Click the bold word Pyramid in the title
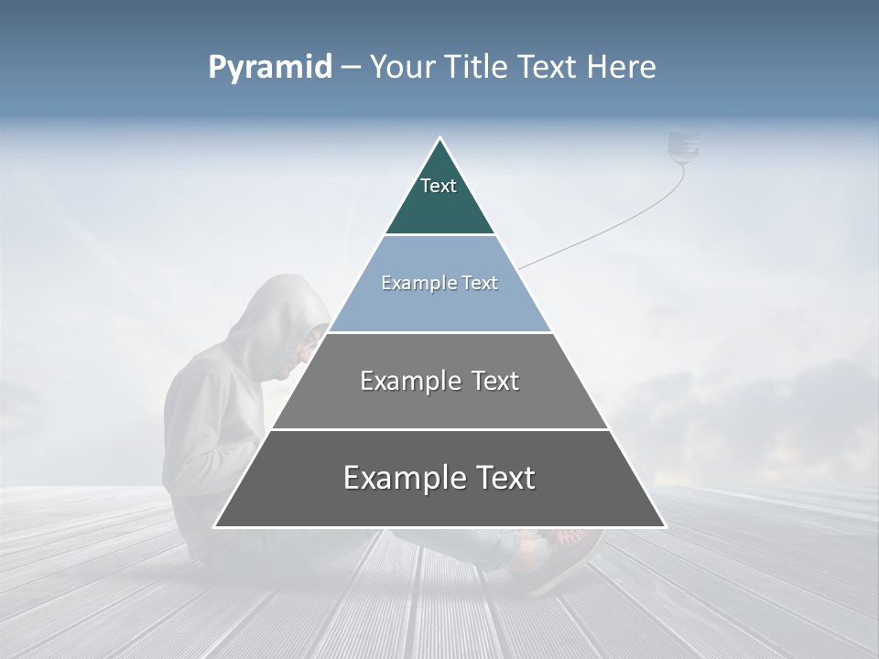tap(270, 67)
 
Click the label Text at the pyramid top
tap(439, 186)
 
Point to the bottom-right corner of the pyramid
tap(665, 526)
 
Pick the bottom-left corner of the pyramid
tap(214, 526)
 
